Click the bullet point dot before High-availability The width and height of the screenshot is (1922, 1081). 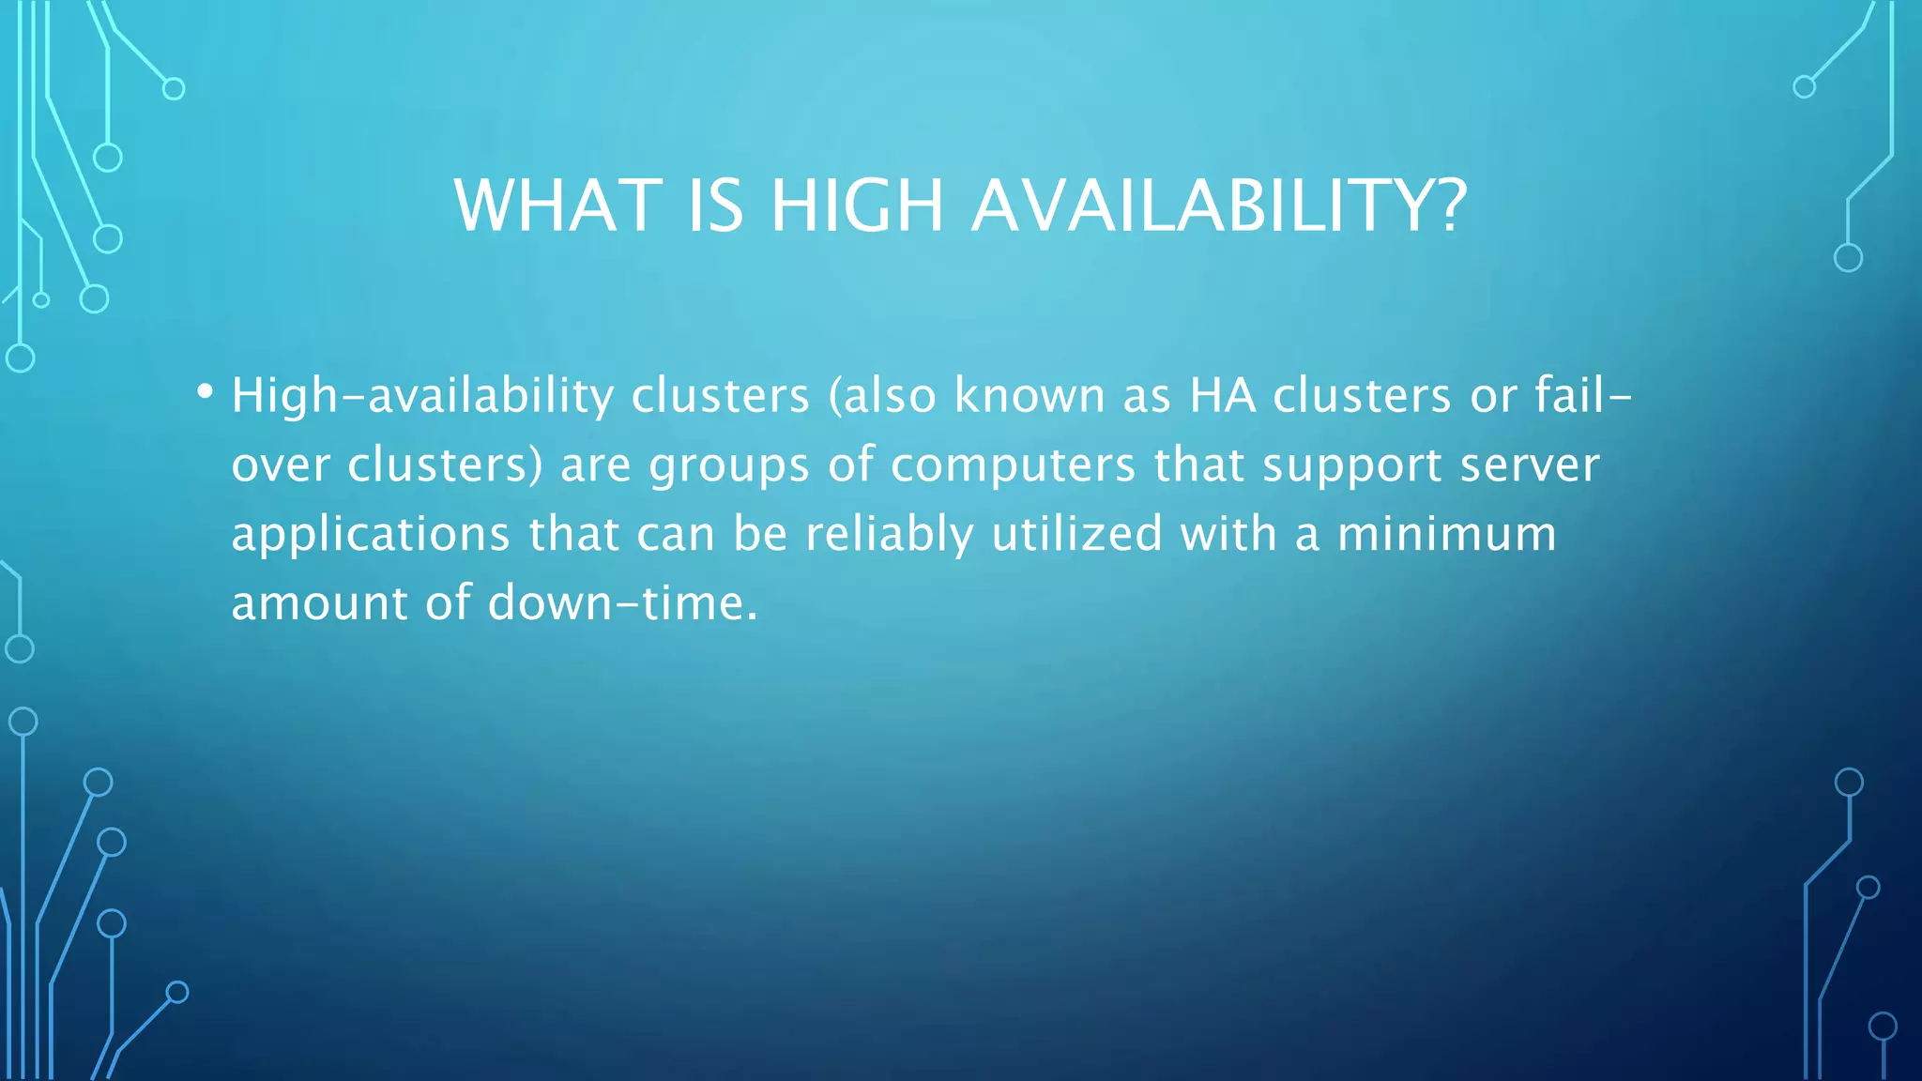tap(205, 391)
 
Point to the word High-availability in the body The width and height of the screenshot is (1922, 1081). tap(422, 396)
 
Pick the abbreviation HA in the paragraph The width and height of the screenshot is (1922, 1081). tap(1223, 396)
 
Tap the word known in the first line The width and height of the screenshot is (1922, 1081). tap(1030, 396)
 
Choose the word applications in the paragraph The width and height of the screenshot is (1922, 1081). tap(371, 535)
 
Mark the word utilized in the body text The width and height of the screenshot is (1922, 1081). tap(1077, 534)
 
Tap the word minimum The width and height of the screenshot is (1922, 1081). tap(1446, 534)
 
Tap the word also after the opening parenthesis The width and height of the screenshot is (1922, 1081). tap(891, 396)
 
